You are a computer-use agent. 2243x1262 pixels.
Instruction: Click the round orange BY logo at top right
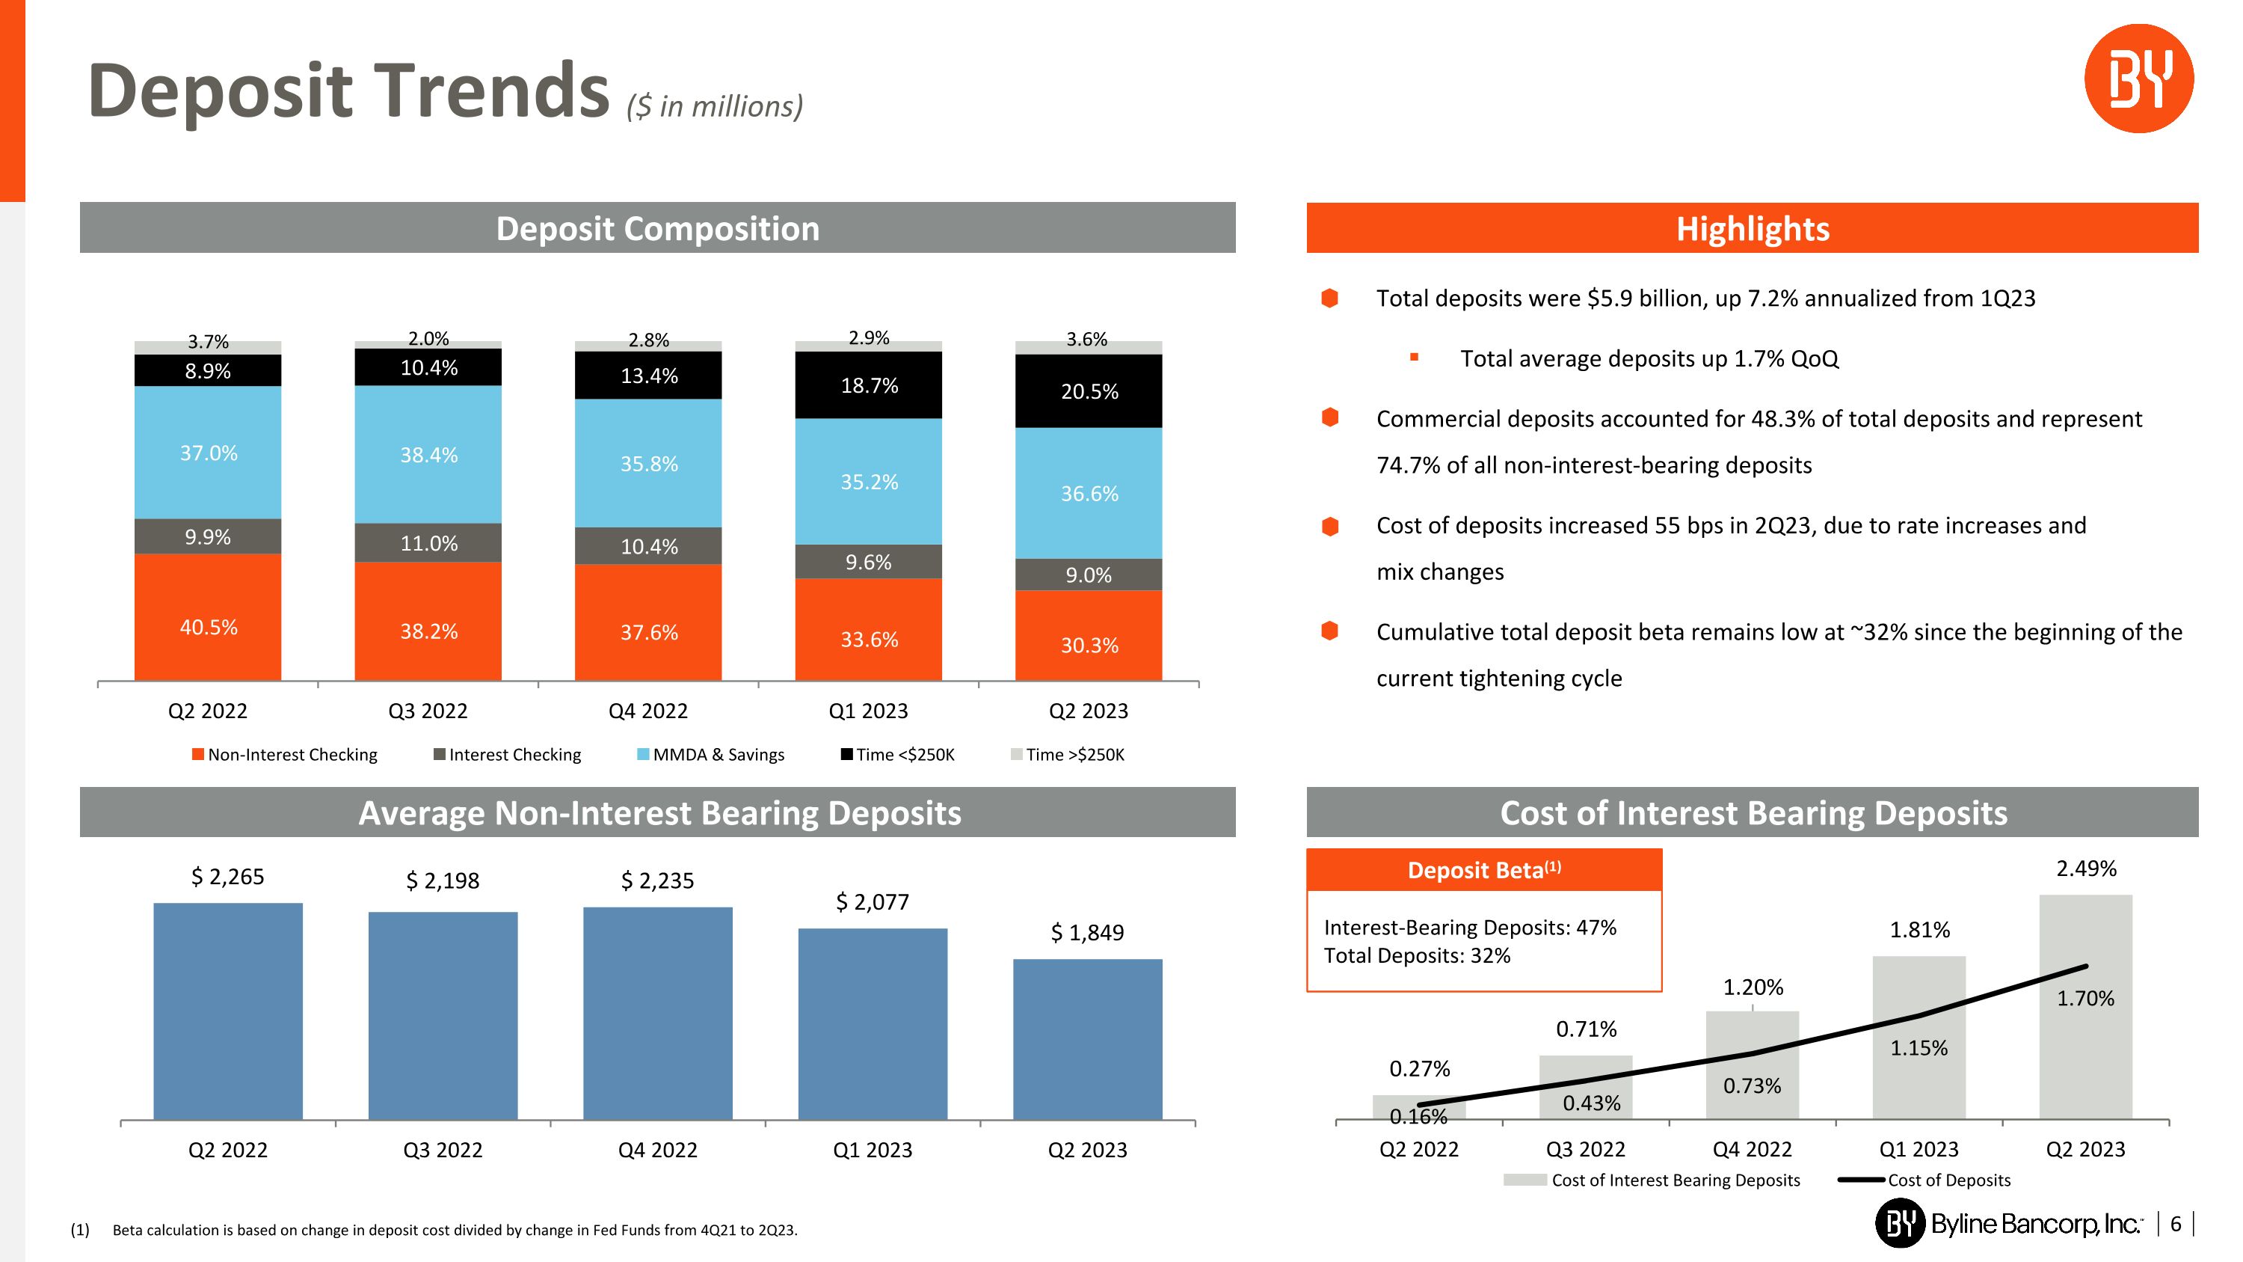2138,79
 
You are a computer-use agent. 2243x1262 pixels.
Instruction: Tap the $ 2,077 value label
872,902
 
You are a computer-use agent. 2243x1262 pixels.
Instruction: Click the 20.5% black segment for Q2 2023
1089,391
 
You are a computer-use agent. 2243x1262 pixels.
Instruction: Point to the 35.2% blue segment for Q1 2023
868,482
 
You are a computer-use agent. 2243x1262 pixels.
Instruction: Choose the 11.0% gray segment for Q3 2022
428,543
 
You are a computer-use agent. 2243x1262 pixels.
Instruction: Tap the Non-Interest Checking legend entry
285,755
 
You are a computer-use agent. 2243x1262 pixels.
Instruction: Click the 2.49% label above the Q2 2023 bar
2085,869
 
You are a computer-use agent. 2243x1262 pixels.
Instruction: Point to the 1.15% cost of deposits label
1919,1049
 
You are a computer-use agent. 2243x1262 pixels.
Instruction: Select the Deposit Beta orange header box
1483,870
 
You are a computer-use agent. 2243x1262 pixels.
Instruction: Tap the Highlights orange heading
1752,229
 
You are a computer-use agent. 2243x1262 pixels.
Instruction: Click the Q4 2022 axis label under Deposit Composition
647,711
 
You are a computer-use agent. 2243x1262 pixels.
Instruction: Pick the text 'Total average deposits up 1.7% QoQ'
1649,359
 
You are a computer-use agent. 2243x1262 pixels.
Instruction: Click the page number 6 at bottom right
2175,1225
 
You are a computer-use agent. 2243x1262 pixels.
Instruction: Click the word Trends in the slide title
491,91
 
